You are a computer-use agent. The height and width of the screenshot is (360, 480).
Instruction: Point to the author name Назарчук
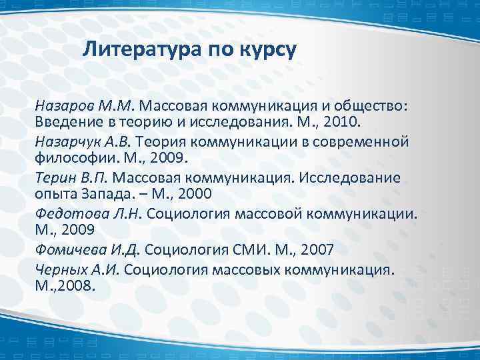pos(70,141)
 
